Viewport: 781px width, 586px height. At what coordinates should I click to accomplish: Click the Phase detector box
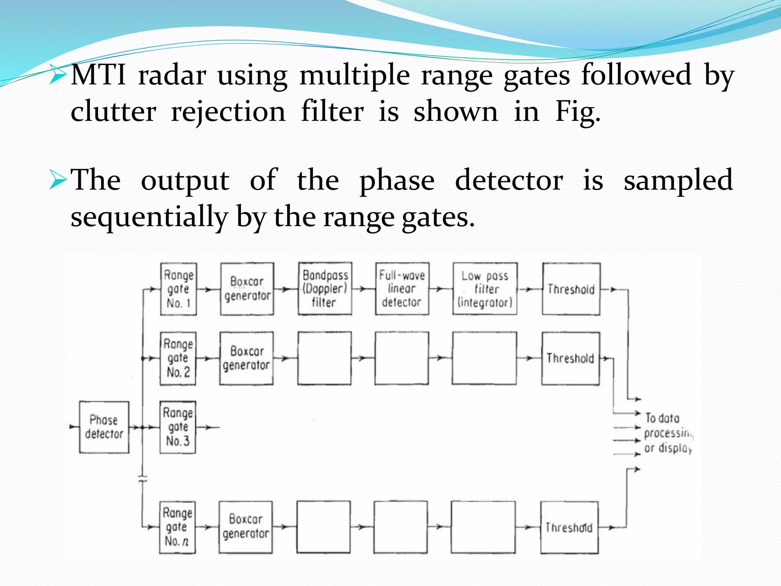pos(104,427)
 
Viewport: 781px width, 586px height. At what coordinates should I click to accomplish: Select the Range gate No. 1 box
pos(178,289)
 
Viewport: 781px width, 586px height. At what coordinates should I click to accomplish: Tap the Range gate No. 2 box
pos(178,358)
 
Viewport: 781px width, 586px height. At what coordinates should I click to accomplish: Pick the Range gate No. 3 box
pos(178,427)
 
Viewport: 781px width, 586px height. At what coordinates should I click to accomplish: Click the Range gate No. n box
pos(177,527)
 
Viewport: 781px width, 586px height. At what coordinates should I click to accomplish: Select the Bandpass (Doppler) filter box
pos(325,288)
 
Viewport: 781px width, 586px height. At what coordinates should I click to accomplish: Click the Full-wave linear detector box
pos(402,288)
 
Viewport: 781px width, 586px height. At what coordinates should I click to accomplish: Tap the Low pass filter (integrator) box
pos(485,289)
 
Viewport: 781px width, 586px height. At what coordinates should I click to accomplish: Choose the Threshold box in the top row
pos(571,289)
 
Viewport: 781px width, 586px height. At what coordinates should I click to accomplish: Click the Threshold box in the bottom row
pos(569,527)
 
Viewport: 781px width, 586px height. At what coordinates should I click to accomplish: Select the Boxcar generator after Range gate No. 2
pos(246,358)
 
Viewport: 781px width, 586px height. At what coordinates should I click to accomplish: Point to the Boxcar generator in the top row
pos(247,289)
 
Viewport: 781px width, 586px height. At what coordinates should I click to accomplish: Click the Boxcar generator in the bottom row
pos(246,527)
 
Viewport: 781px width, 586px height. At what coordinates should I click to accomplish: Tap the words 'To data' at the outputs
pos(662,418)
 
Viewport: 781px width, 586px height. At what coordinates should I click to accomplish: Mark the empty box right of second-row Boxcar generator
pos(325,358)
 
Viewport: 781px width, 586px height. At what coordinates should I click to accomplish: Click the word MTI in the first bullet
pos(98,75)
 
